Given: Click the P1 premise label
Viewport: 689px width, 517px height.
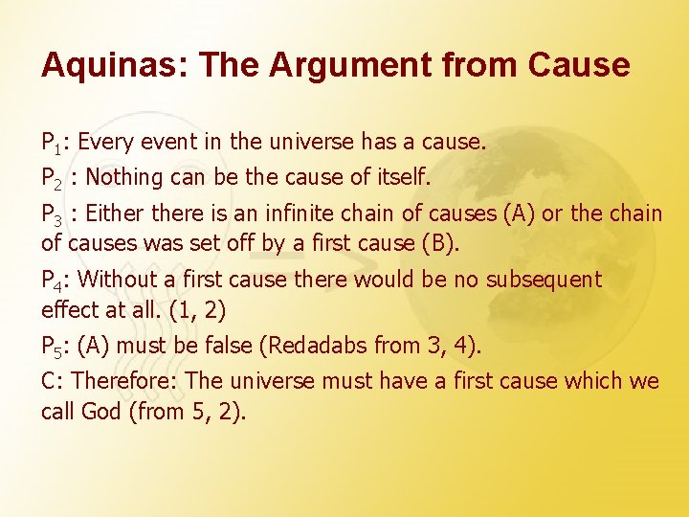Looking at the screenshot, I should [54, 144].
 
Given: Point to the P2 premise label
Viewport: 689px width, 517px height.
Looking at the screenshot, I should [54, 178].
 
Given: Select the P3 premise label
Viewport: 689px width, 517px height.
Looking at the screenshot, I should [54, 214].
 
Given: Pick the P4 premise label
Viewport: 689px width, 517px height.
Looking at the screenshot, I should [54, 281].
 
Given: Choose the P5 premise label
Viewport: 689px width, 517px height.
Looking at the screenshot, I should [54, 347].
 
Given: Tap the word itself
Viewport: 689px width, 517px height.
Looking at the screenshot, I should [403, 177].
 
